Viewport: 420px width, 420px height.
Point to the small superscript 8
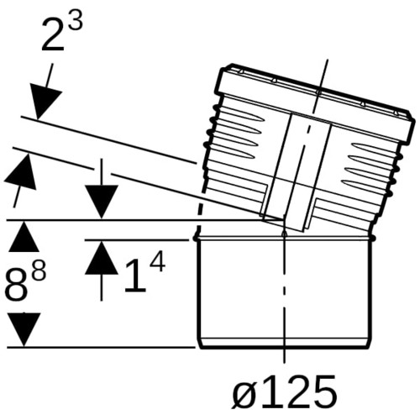tap(39, 270)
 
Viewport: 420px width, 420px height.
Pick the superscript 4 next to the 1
tap(158, 262)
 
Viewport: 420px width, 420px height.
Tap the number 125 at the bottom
tap(297, 390)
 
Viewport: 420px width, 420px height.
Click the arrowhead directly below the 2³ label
tap(45, 102)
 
